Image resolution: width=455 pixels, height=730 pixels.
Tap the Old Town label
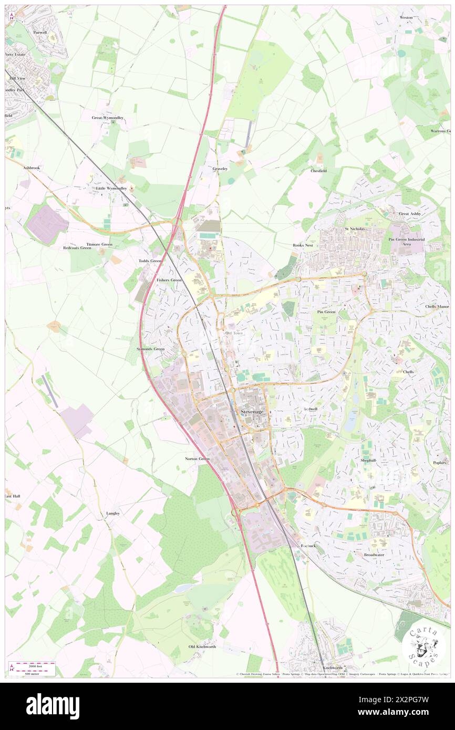234,333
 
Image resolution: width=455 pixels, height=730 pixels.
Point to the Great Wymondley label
108,118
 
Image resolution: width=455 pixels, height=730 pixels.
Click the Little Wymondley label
111,187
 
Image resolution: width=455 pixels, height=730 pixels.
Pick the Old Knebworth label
202,646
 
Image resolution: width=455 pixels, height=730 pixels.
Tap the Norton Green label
197,458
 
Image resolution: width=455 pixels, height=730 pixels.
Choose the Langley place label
113,513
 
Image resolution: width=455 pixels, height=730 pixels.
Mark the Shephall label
368,460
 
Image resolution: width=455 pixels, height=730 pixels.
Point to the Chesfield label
319,171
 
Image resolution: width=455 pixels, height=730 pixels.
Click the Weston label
406,17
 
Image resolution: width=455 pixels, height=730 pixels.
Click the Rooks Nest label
303,245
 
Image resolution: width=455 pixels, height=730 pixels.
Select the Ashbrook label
31,168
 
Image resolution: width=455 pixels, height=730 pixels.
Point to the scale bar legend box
32,668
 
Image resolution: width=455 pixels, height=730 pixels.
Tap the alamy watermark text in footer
53,706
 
